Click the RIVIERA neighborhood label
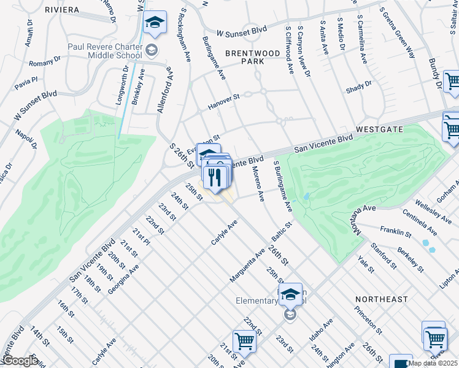click(x=62, y=10)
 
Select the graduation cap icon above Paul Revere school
click(x=155, y=24)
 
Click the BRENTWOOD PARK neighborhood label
click(x=253, y=57)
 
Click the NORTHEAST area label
click(x=381, y=299)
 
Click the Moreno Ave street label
click(x=257, y=185)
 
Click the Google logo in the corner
click(x=20, y=361)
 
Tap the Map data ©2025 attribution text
click(x=433, y=363)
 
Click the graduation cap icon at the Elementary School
click(x=290, y=295)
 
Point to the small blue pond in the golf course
click(x=306, y=196)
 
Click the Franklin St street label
click(x=395, y=232)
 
